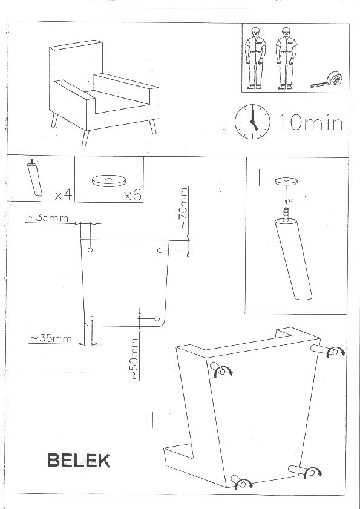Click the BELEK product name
[x=79, y=461]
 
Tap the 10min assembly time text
[x=310, y=122]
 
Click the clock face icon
[x=252, y=122]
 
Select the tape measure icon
[x=327, y=80]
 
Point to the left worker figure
[x=255, y=58]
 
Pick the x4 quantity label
[x=64, y=194]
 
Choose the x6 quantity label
[x=133, y=195]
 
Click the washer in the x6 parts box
[x=108, y=180]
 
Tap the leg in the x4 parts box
[x=34, y=177]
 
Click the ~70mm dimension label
[x=183, y=208]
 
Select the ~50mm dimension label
[x=134, y=359]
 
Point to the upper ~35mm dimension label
[x=47, y=218]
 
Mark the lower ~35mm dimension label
[x=51, y=338]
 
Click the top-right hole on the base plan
[x=159, y=251]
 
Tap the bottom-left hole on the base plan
[x=92, y=318]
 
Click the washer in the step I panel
[x=286, y=181]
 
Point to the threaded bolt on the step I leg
[x=286, y=215]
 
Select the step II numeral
[x=149, y=420]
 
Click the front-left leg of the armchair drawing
[x=85, y=138]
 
